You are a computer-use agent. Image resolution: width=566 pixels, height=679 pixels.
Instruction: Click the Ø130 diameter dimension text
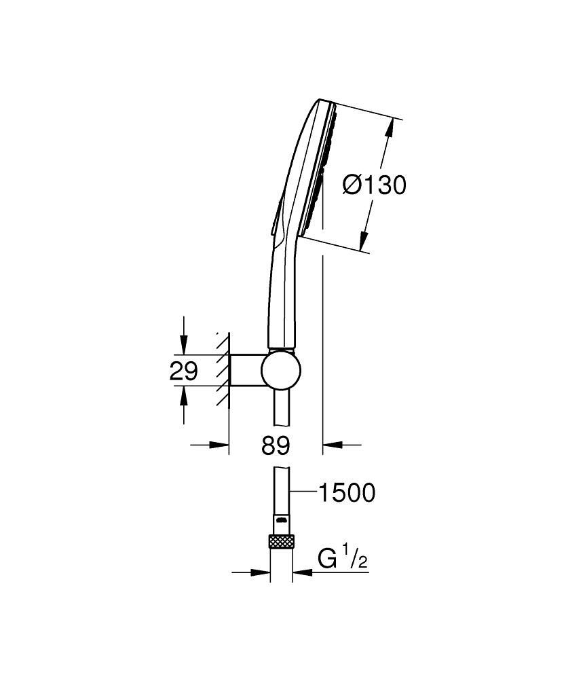(x=374, y=185)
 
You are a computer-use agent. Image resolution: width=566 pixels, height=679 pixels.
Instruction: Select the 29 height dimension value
(x=183, y=371)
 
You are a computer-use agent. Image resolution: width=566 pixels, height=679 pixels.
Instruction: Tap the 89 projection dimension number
(x=276, y=445)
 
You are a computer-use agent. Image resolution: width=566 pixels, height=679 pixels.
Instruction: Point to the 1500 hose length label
(x=348, y=493)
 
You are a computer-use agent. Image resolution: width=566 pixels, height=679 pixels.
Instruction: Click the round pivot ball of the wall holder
(x=279, y=371)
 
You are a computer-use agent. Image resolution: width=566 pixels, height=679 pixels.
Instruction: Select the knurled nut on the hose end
(x=281, y=542)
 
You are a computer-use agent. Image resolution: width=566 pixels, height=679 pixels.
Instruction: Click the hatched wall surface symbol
(x=222, y=371)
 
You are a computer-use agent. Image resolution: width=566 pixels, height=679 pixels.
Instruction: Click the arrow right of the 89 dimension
(x=332, y=445)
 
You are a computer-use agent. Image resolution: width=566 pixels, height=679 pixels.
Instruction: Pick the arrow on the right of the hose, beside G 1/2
(x=303, y=572)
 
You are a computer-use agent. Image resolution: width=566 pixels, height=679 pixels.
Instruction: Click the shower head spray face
(x=318, y=170)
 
